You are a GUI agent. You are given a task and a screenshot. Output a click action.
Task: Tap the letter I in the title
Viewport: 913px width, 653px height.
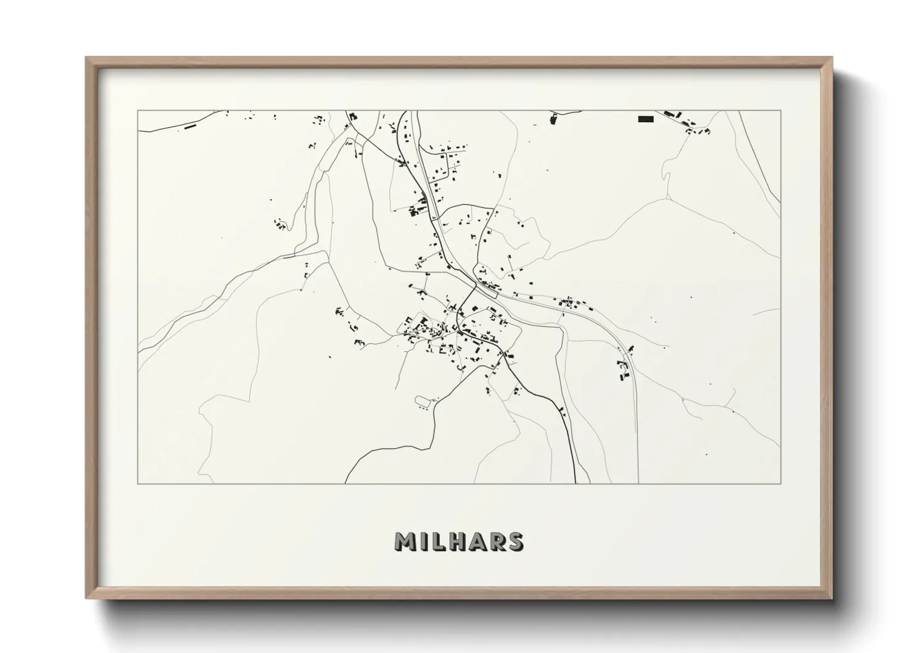424,541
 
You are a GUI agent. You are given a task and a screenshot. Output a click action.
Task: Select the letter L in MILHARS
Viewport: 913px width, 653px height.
439,541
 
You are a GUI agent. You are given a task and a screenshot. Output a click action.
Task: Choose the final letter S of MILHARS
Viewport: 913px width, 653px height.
515,541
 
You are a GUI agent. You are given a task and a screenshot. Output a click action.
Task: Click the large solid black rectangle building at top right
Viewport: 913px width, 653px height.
645,119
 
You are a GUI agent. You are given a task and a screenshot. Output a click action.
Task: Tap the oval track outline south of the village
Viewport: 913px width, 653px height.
423,402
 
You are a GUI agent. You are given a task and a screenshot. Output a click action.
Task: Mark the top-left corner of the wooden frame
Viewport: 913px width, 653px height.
86,58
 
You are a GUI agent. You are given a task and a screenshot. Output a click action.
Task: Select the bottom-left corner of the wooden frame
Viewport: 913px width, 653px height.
86,599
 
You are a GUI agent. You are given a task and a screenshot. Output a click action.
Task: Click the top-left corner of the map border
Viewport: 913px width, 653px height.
138,110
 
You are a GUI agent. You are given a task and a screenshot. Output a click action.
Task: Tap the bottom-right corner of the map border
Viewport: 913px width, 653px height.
781,483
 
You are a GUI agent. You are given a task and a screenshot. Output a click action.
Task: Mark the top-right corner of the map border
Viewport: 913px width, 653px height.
781,110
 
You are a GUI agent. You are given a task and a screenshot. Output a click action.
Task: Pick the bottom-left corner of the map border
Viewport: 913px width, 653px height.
138,483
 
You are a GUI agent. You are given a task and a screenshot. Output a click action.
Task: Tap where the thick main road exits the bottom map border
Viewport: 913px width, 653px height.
576,483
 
